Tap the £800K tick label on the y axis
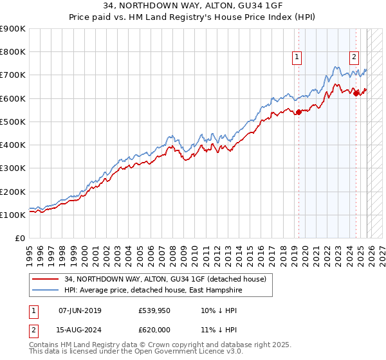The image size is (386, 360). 13,52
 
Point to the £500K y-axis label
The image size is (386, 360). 13,122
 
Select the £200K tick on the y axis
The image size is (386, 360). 13,192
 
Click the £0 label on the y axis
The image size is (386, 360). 20,238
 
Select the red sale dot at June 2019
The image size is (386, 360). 299,113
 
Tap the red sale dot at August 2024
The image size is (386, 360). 356,94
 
